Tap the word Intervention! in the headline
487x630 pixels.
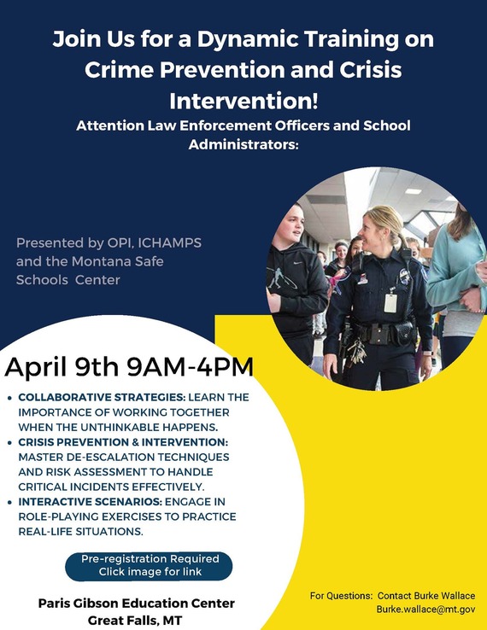coord(243,101)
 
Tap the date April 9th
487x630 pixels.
coord(62,367)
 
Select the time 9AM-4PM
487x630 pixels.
coord(190,367)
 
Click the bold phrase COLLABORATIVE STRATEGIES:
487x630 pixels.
coord(102,398)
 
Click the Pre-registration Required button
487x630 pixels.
coord(150,565)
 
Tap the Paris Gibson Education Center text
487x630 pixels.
coord(137,604)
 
